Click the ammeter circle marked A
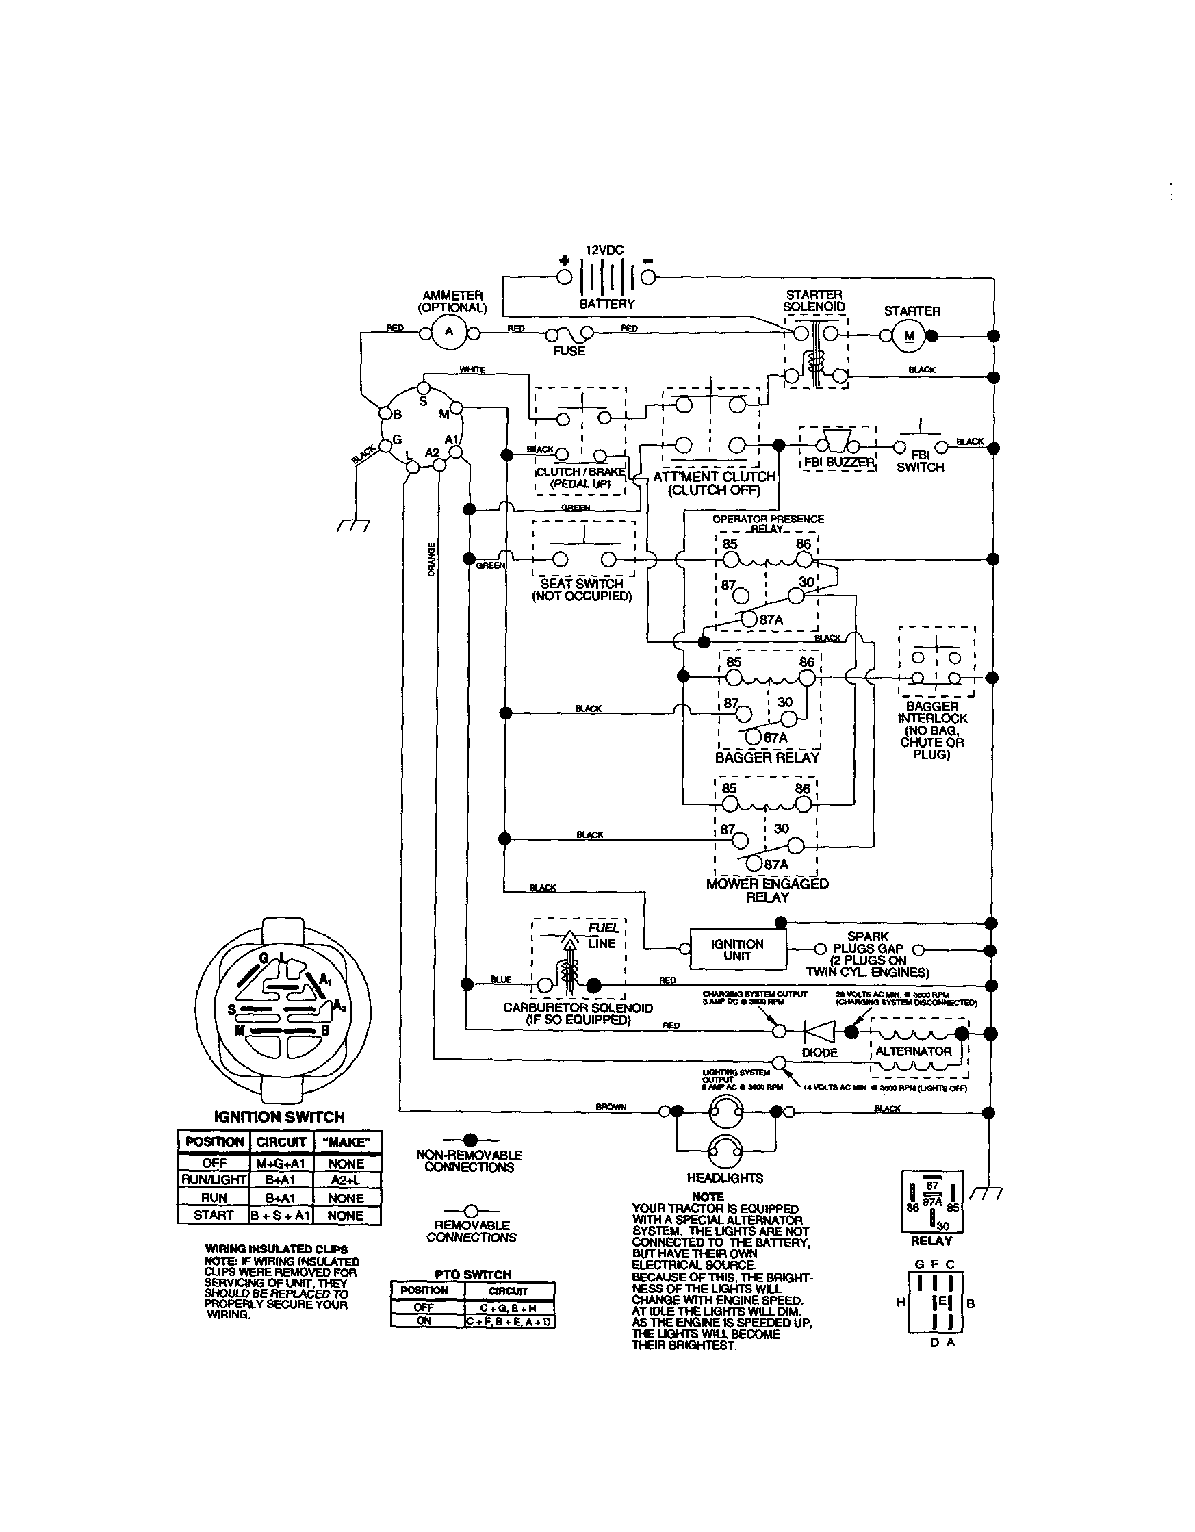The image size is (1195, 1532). click(x=450, y=333)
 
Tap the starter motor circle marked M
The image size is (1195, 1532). click(x=910, y=336)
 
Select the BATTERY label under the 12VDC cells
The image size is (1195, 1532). click(x=606, y=304)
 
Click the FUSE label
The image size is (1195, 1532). click(x=568, y=350)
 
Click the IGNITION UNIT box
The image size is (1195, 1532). click(x=738, y=949)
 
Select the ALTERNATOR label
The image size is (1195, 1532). click(x=913, y=1051)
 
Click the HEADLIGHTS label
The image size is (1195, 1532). click(x=725, y=1178)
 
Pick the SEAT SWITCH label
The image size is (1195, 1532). click(x=581, y=584)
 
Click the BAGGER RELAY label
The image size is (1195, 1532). click(x=767, y=758)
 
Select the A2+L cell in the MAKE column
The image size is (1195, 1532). click(x=346, y=1180)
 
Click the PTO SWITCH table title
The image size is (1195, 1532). click(x=473, y=1274)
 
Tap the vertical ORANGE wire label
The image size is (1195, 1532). click(x=431, y=559)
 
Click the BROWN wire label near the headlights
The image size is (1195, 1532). click(x=611, y=1106)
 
